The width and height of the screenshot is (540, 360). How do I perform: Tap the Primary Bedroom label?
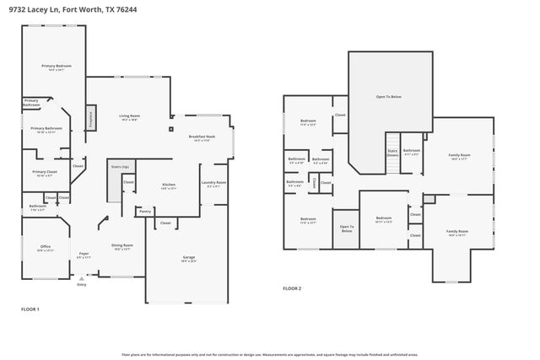click(57, 67)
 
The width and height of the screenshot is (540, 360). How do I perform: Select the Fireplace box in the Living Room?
click(90, 118)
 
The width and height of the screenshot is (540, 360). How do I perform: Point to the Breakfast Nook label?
click(202, 137)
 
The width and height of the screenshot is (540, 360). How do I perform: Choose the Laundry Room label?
click(213, 183)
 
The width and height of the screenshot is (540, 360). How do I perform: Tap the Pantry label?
click(145, 211)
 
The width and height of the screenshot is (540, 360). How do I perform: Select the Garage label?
click(188, 259)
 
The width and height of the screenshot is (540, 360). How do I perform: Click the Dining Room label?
click(122, 246)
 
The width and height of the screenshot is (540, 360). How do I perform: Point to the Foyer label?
click(84, 255)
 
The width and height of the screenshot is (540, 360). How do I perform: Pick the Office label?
click(45, 248)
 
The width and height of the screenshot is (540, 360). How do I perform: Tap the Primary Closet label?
click(45, 173)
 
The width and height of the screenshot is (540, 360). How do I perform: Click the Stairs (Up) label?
click(120, 167)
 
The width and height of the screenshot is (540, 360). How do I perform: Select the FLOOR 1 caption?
click(30, 309)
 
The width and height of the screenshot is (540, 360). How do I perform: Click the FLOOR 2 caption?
click(292, 288)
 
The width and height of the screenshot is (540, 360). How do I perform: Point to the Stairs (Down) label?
click(392, 153)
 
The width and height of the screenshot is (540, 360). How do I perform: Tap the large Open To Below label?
click(388, 97)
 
